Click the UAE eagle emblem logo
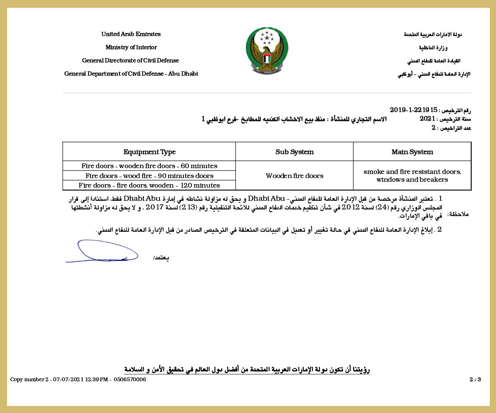267,51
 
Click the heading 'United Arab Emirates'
131,34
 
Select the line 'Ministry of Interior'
131,47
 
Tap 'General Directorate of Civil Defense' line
131,61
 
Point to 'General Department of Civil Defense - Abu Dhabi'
131,74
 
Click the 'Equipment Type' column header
149,152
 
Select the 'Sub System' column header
294,152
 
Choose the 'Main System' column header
412,152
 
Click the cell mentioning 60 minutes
149,166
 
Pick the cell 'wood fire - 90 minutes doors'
149,176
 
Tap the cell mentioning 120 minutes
149,185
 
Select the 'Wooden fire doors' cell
294,176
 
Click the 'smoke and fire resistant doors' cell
412,176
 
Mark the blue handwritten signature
102,252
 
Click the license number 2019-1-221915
413,110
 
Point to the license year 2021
427,119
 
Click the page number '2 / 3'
475,380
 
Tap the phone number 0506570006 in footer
130,380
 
